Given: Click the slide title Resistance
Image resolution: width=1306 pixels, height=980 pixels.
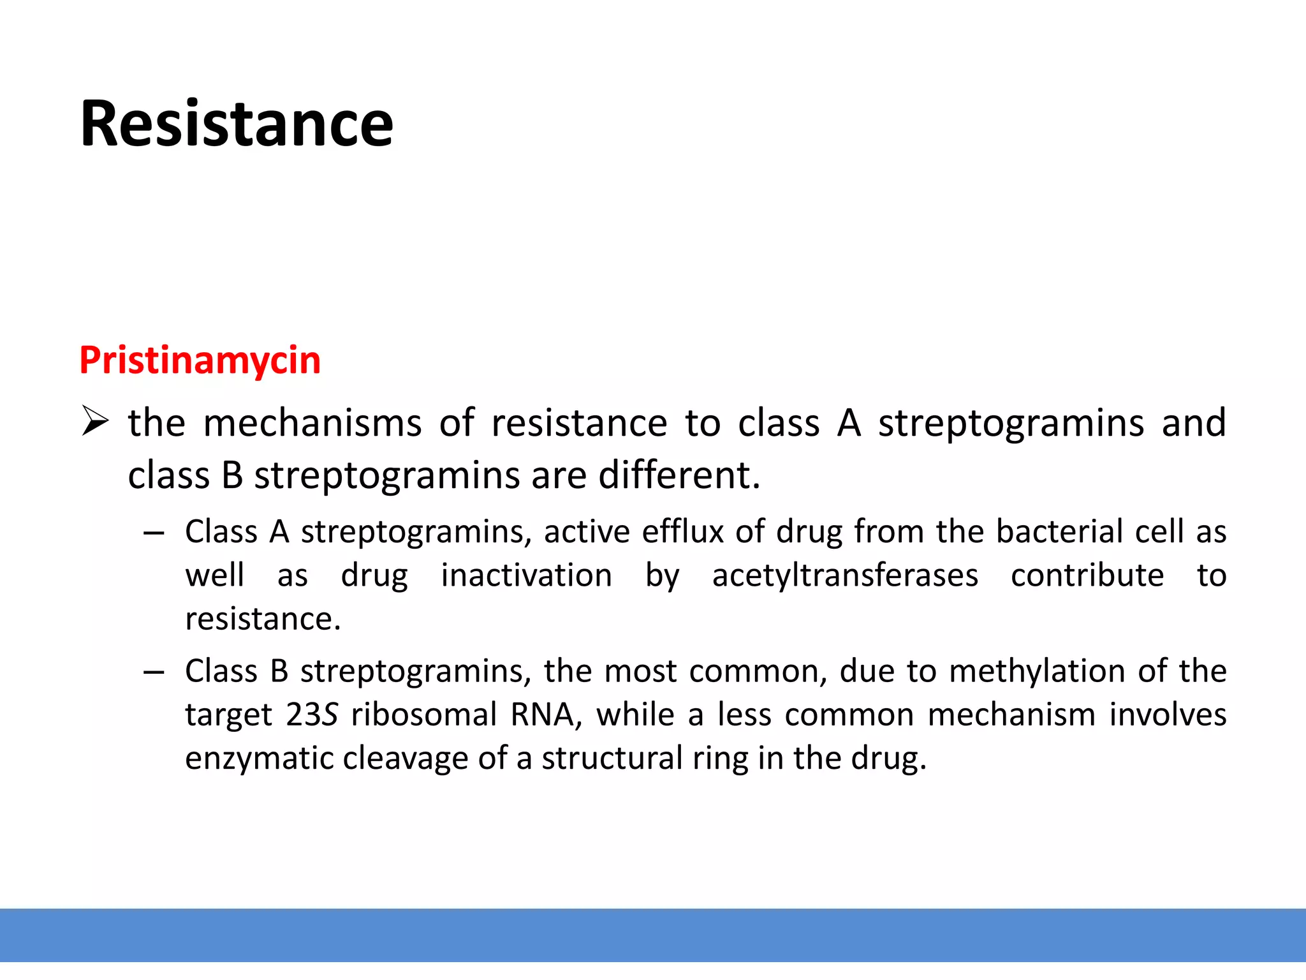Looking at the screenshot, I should tap(237, 124).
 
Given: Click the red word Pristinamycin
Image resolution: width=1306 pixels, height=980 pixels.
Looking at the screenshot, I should tap(200, 360).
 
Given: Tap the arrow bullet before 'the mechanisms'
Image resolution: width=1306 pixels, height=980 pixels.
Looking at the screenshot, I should tap(96, 422).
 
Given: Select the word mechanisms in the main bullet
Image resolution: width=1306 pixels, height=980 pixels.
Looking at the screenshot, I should tap(312, 424).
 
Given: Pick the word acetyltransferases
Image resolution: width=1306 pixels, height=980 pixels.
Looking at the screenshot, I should tap(845, 575).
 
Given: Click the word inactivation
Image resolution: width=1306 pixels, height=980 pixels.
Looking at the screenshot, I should tap(527, 575).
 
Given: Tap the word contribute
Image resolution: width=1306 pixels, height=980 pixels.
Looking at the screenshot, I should tap(1087, 575).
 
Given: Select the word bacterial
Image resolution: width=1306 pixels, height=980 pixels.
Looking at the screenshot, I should tap(1059, 531).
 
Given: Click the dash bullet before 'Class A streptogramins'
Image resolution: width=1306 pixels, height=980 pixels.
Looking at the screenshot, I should tap(154, 533).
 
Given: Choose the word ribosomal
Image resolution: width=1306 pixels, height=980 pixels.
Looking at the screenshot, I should tap(423, 715).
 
